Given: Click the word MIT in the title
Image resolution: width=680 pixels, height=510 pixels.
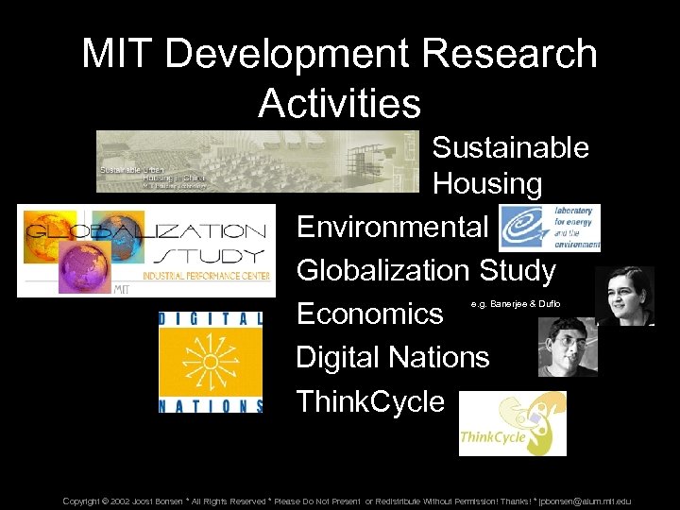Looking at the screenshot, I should [x=112, y=54].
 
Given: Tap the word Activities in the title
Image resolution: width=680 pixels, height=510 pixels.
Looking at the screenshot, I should [x=339, y=103].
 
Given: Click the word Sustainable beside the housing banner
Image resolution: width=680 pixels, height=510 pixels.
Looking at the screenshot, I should [x=510, y=147].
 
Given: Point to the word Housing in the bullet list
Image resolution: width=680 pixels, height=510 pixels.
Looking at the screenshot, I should [x=487, y=184].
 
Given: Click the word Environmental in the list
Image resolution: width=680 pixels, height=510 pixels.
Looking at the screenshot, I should [x=392, y=227].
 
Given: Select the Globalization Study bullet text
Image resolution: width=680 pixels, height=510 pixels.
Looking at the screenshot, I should [x=426, y=270].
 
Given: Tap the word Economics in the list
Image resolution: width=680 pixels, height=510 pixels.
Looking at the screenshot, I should [x=369, y=314].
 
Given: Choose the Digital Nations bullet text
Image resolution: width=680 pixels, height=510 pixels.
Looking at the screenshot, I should [x=393, y=357].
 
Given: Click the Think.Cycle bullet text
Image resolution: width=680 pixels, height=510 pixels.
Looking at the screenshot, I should [x=370, y=401].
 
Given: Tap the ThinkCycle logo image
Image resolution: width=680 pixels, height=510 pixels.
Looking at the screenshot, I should [x=512, y=424].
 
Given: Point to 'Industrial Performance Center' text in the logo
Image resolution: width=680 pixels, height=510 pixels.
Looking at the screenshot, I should [x=203, y=276].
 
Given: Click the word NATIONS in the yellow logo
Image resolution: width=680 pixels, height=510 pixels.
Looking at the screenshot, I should [x=211, y=405].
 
